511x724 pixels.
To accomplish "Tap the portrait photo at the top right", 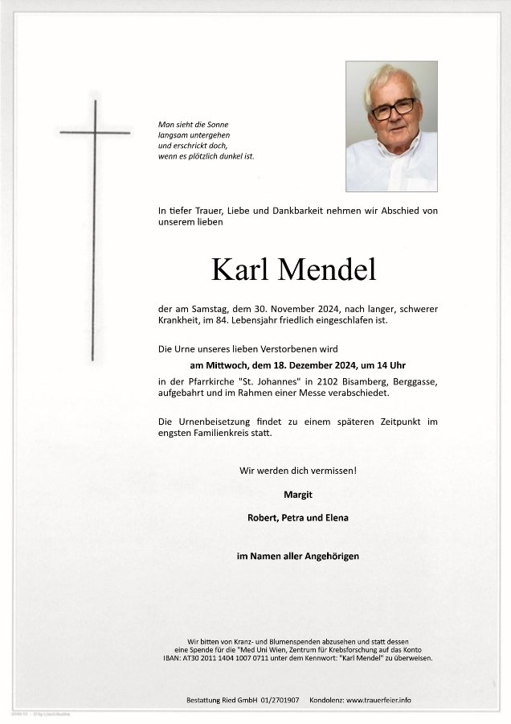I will [x=391, y=126].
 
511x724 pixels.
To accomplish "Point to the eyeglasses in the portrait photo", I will [x=393, y=108].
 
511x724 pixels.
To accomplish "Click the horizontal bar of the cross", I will [x=95, y=132].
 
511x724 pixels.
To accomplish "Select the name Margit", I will [x=297, y=494].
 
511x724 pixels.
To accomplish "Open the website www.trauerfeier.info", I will [x=378, y=700].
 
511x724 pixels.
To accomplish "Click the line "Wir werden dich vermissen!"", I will [x=297, y=470].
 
